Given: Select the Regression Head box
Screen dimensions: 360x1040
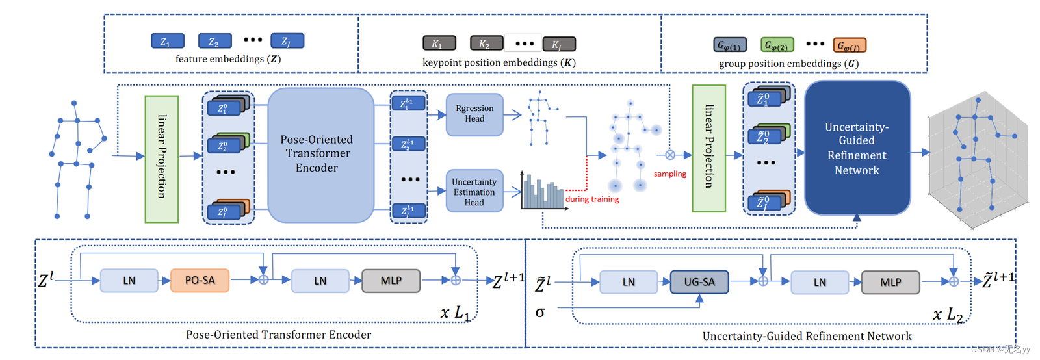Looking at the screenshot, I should pyautogui.click(x=474, y=114).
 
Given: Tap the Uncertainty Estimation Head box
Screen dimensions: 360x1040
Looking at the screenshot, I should pyautogui.click(x=474, y=192).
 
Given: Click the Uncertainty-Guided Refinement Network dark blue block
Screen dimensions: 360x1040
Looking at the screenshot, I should pyautogui.click(x=857, y=148).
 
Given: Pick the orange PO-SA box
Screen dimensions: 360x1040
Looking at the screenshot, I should pyautogui.click(x=200, y=281).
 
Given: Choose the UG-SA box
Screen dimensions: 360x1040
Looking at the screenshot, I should pyautogui.click(x=699, y=282).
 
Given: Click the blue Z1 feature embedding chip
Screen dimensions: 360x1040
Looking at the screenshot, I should pyautogui.click(x=167, y=42).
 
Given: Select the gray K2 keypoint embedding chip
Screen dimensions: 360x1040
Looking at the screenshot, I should pyautogui.click(x=486, y=44).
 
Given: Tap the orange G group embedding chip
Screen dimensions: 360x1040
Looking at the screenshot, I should pyautogui.click(x=849, y=45).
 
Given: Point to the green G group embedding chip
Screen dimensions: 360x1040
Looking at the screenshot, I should pyautogui.click(x=777, y=45).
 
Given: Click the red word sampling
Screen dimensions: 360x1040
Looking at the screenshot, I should pyautogui.click(x=669, y=174).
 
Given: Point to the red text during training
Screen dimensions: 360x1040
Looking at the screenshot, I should pyautogui.click(x=591, y=199).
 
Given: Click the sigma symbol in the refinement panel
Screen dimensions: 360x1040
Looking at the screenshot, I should pyautogui.click(x=540, y=313).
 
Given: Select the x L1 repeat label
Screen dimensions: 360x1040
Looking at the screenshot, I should pyautogui.click(x=454, y=313).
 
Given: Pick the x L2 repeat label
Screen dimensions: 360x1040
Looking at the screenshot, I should pyautogui.click(x=947, y=315).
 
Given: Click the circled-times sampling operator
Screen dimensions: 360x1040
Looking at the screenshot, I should pyautogui.click(x=670, y=155).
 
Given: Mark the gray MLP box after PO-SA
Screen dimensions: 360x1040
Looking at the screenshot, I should pyautogui.click(x=391, y=281).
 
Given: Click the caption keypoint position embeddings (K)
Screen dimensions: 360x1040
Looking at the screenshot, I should pyautogui.click(x=499, y=63).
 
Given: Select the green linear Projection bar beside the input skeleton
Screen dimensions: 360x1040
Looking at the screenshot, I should pyautogui.click(x=161, y=159).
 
